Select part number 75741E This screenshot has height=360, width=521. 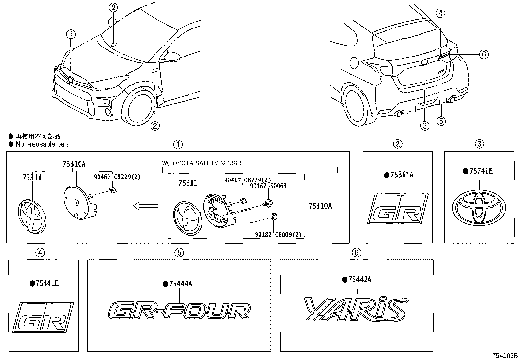481,171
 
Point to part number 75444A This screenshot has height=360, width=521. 181,284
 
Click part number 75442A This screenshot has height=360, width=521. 360,280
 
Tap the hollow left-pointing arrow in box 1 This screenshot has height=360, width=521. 145,206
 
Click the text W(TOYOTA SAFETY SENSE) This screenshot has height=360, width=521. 202,163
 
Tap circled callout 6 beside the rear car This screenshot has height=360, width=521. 484,54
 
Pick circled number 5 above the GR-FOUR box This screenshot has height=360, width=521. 179,252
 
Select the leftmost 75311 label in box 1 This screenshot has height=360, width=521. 32,178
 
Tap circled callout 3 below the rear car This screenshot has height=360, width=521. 424,125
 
